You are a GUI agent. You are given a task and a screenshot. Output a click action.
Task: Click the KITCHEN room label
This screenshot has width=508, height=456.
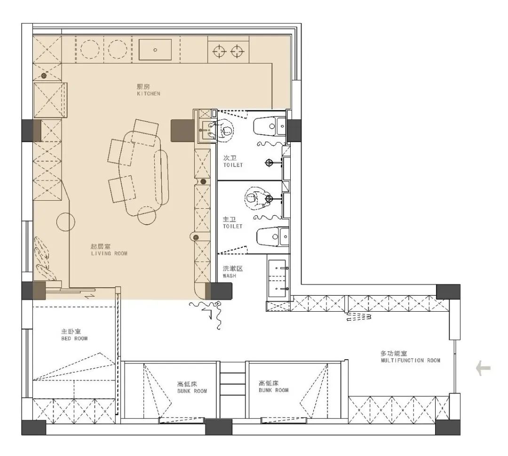[148, 94]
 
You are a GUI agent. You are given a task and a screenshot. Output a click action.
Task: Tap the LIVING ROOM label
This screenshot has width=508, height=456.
[109, 253]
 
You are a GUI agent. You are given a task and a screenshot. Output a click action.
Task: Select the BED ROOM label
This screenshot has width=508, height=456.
[74, 338]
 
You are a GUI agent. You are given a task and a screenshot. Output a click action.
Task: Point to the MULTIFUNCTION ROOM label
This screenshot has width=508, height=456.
[411, 360]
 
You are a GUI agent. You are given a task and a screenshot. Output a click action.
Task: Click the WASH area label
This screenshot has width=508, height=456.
[230, 275]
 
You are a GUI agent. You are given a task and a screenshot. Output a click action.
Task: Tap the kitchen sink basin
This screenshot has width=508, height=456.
[155, 49]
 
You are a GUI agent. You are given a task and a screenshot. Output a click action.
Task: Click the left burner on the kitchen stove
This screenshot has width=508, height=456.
[219, 51]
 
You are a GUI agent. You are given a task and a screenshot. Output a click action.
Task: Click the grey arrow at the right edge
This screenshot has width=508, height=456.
[483, 368]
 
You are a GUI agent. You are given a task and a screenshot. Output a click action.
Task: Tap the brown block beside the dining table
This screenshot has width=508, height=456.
[183, 131]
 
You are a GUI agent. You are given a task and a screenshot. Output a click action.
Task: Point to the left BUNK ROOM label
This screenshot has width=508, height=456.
[192, 391]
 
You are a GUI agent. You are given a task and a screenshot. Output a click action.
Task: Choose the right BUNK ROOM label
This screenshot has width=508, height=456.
[273, 390]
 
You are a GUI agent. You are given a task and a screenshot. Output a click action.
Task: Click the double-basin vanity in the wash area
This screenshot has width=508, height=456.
[278, 278]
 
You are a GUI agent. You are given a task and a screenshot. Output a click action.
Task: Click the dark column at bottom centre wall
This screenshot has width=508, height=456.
[219, 427]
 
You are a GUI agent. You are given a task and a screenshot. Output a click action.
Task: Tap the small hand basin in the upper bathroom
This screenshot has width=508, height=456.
[208, 130]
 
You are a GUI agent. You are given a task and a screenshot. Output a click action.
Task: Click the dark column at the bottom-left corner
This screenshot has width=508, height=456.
[34, 427]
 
